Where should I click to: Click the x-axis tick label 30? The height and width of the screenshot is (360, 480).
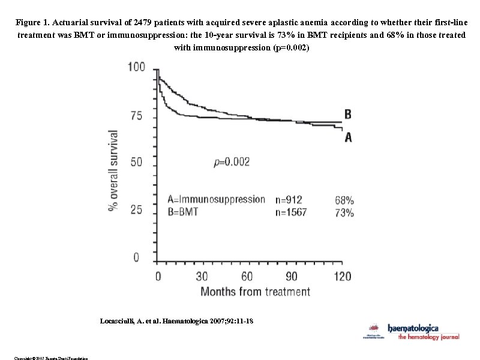click(x=202, y=277)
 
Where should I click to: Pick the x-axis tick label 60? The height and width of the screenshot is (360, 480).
click(x=247, y=277)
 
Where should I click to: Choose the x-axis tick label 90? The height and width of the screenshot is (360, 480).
click(x=292, y=277)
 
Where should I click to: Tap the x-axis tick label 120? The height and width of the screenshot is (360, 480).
click(x=342, y=277)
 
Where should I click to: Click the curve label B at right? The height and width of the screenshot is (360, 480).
click(x=348, y=114)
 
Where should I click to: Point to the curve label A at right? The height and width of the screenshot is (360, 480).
click(x=348, y=137)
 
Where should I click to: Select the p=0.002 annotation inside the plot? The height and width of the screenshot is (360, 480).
click(x=232, y=161)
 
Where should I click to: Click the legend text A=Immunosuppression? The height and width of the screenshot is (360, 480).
click(x=216, y=199)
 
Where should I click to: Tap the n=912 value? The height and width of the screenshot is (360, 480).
click(x=289, y=200)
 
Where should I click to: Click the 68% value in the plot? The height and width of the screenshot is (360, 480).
click(x=344, y=200)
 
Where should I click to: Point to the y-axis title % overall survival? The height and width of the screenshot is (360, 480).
click(x=113, y=170)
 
